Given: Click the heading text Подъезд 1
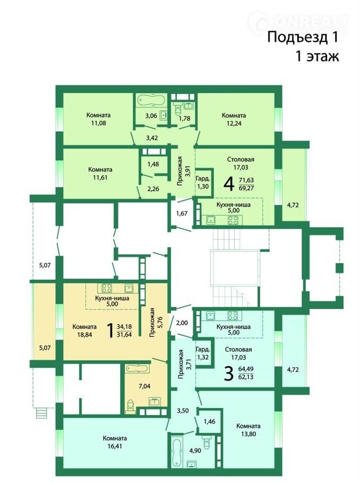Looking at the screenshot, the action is click(303, 37).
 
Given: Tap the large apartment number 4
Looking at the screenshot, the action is click(229, 184).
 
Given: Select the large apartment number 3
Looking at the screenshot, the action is click(229, 373).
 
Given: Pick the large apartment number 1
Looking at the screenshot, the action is click(110, 331).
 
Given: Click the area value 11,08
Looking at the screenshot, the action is click(98, 123).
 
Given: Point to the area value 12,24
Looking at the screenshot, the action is click(234, 124).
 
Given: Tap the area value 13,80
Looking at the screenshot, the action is click(248, 434).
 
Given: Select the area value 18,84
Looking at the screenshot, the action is click(85, 334).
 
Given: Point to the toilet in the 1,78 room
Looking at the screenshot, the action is click(178, 108).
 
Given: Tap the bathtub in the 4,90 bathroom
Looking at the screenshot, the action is click(177, 450).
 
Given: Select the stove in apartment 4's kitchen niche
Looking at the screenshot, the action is click(233, 220).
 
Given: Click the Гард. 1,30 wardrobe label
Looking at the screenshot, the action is click(203, 183).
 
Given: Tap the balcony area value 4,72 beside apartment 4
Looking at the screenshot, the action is click(293, 205).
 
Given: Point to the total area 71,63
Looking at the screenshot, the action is click(246, 180).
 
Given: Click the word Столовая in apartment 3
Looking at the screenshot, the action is click(238, 350).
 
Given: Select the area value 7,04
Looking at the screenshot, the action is click(144, 386).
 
